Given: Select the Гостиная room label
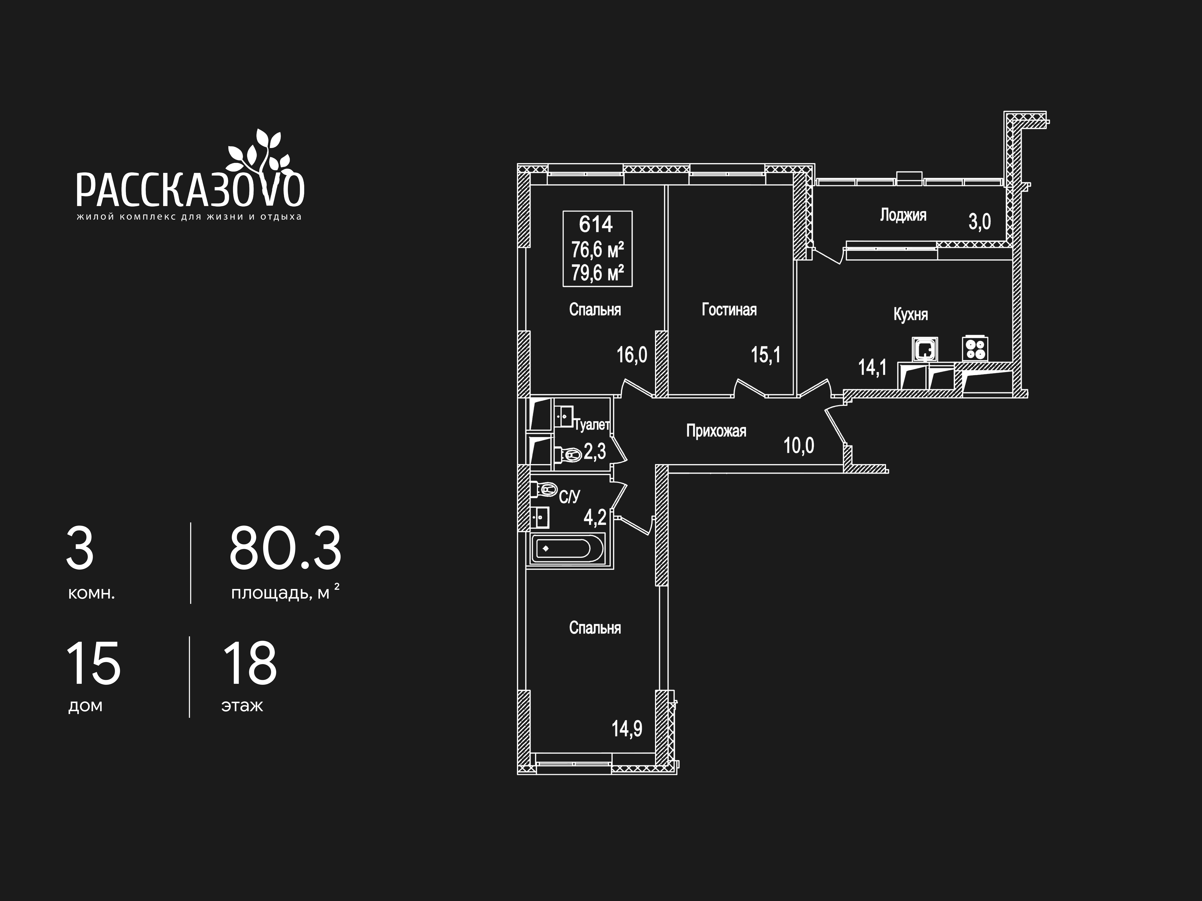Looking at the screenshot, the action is [729, 310].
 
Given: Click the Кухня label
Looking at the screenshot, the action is [911, 314].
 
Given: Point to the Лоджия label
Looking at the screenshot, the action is [903, 215].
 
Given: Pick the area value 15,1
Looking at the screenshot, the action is [766, 355].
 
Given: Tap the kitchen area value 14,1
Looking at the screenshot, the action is [872, 368].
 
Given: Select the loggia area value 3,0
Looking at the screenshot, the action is [980, 222].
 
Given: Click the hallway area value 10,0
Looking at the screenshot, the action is [799, 446].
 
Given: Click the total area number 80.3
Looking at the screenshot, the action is [285, 548].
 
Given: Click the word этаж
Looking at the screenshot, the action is [242, 706].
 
